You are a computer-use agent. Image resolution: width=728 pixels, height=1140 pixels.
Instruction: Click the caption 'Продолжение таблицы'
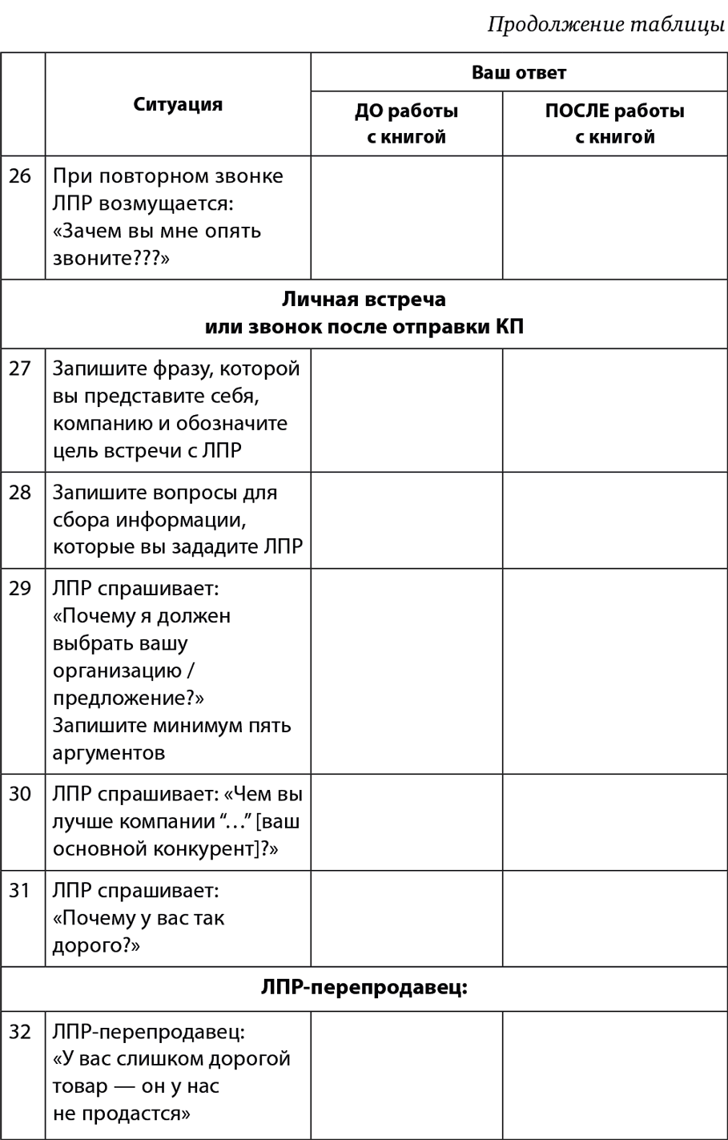(606, 25)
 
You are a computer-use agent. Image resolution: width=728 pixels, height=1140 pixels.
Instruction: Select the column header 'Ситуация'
(178, 104)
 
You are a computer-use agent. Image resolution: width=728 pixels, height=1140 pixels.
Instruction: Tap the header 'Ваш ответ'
(518, 72)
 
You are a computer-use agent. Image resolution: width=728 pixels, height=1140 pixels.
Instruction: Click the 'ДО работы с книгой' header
(406, 123)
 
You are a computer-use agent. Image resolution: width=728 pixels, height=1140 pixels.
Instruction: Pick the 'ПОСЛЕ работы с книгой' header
(614, 123)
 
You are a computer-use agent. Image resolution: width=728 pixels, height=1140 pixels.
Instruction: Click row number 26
(20, 176)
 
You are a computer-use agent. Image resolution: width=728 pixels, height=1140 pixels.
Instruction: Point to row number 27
(20, 369)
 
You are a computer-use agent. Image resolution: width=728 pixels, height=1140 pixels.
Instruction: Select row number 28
(20, 492)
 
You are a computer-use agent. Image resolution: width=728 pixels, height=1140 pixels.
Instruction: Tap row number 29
(20, 588)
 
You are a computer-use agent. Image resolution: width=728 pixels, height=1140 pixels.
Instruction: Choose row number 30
(20, 793)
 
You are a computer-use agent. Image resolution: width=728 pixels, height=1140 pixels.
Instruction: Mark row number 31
(20, 890)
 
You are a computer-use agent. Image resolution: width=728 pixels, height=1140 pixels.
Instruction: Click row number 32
(20, 1031)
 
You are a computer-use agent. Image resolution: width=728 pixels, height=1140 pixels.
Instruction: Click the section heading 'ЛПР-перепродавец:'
(364, 988)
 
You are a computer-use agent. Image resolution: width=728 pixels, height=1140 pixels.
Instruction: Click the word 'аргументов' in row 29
(108, 752)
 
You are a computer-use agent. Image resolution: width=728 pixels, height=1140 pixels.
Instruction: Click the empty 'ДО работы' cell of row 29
(406, 671)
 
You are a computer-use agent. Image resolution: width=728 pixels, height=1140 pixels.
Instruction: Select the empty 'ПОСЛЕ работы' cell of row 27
(614, 409)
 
